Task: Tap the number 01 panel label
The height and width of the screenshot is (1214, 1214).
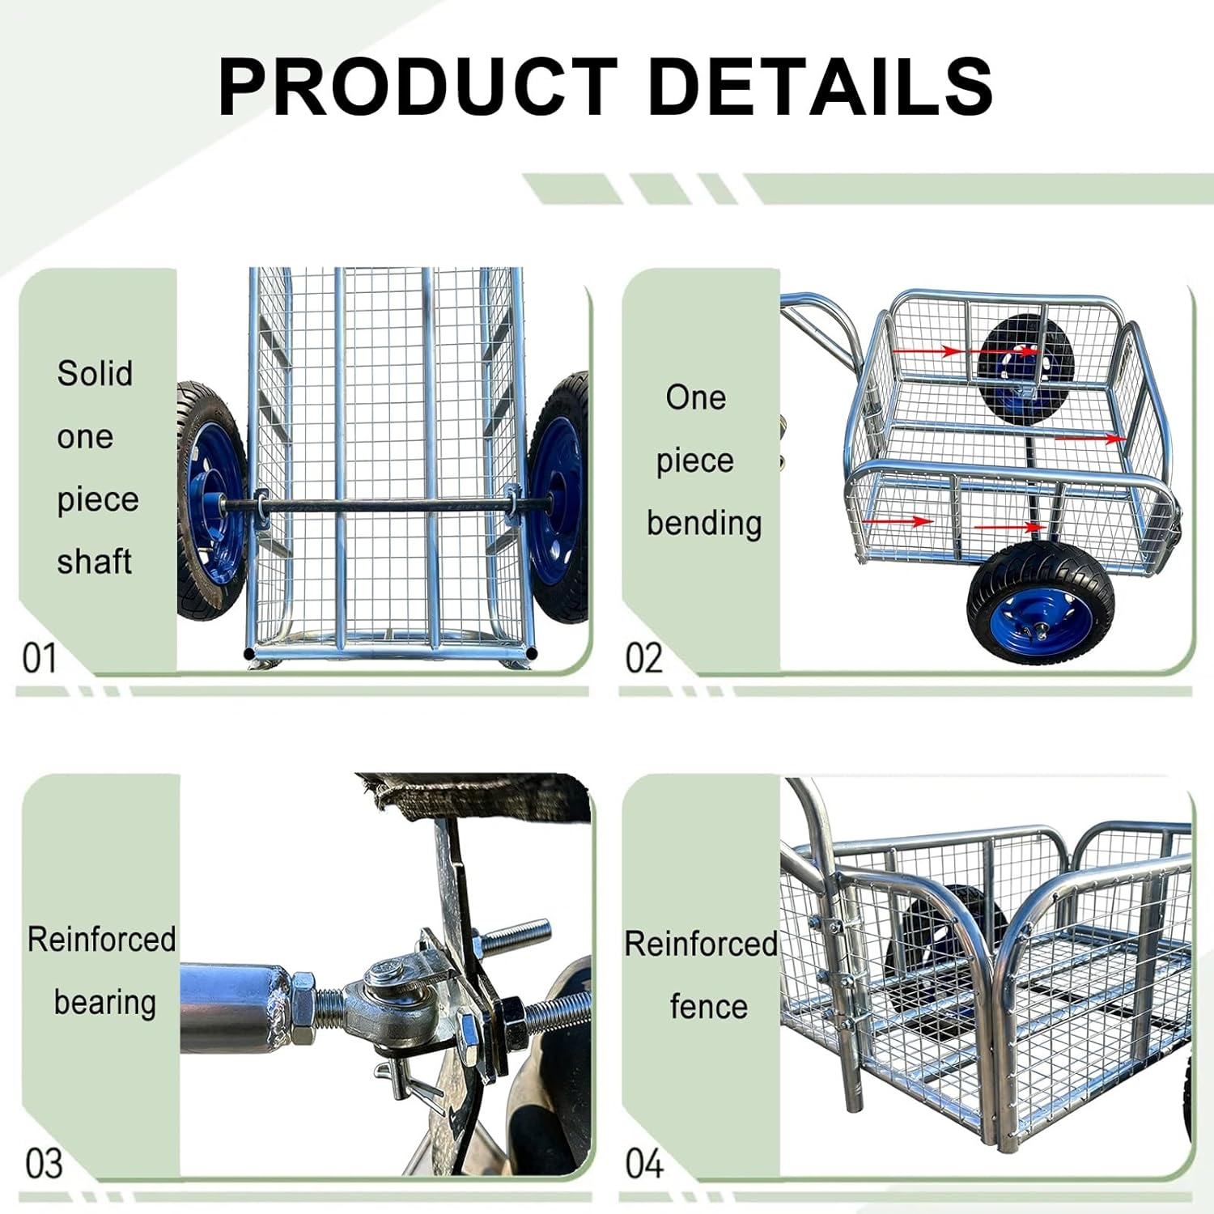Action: (x=40, y=658)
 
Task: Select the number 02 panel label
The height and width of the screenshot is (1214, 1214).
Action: (x=643, y=658)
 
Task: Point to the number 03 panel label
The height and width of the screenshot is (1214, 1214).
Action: (x=44, y=1163)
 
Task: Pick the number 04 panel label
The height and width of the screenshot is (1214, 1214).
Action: (x=643, y=1163)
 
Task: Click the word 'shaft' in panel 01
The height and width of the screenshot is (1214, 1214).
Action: (x=94, y=561)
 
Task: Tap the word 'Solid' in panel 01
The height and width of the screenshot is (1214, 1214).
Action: (x=95, y=373)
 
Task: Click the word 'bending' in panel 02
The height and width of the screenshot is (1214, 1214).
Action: (x=704, y=523)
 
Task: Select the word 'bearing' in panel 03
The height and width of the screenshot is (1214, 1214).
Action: (x=104, y=1002)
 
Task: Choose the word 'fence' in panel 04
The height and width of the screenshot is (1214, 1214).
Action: (x=708, y=1006)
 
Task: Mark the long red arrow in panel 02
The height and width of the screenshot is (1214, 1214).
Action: (x=1089, y=438)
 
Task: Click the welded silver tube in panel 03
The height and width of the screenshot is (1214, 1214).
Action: (x=231, y=1007)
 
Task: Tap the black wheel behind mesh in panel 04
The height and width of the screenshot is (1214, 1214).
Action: (x=947, y=931)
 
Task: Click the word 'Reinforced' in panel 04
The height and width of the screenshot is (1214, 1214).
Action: (x=701, y=944)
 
